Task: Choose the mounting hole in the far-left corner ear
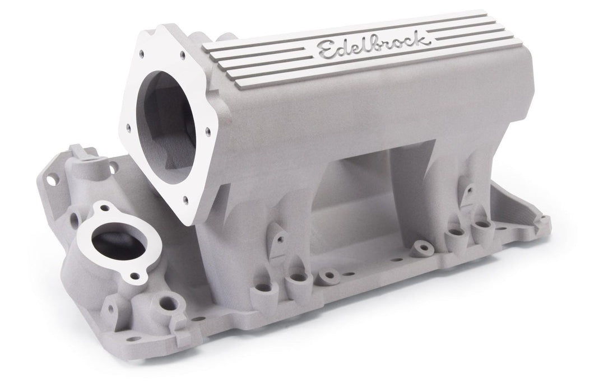(x=54, y=180)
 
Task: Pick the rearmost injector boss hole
(x=480, y=226)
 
